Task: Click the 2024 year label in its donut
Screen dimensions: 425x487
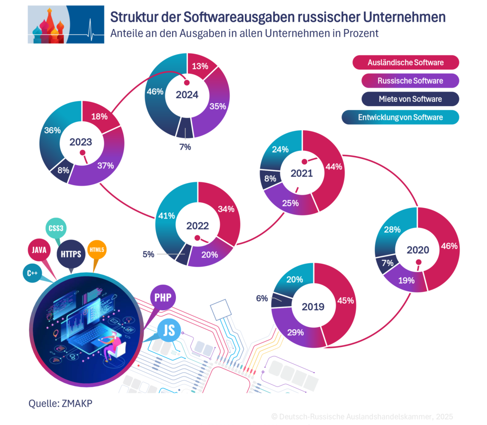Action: (187, 95)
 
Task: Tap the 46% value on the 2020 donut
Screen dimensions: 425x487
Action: (449, 246)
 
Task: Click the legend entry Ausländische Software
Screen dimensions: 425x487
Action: (405, 62)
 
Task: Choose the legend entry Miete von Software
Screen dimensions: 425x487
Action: (405, 99)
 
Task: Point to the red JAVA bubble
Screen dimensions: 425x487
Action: (39, 249)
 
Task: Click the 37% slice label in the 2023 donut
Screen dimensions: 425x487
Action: (106, 166)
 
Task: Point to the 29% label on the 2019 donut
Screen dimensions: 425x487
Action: (295, 332)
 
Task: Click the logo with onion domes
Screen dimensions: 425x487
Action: (66, 24)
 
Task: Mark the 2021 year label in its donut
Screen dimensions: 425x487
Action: (302, 173)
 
